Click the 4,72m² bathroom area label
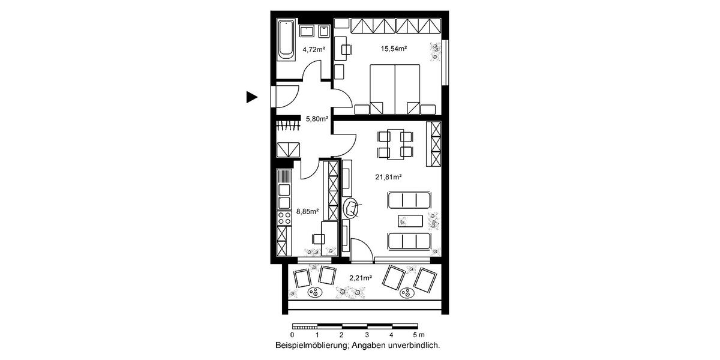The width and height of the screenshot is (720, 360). [x=313, y=50]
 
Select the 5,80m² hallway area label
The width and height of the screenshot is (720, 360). [x=317, y=119]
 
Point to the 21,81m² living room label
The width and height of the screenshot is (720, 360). [x=388, y=177]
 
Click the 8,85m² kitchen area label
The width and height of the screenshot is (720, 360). [x=307, y=211]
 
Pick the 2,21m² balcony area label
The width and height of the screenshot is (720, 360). [x=361, y=278]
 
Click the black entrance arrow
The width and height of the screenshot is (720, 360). [x=251, y=97]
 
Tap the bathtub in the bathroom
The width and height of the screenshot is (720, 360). [x=286, y=40]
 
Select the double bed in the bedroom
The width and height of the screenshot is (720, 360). [x=395, y=88]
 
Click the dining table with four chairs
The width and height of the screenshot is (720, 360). [x=394, y=144]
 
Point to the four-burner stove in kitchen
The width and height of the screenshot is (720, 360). [x=284, y=217]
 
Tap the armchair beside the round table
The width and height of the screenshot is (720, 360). [x=350, y=208]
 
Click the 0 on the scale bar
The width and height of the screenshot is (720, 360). [x=292, y=335]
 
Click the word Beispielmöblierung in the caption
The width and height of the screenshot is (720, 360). [x=311, y=346]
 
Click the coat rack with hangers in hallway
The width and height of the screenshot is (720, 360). [x=287, y=125]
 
